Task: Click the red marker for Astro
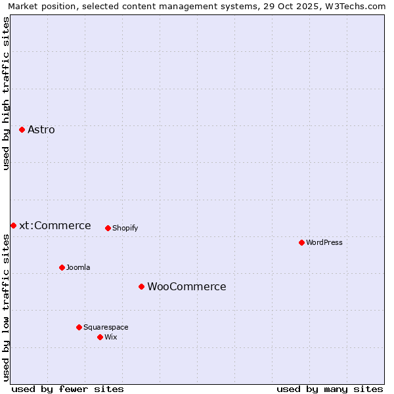(22, 129)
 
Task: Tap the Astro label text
(41, 129)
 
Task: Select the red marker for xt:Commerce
(13, 225)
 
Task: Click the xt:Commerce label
(55, 225)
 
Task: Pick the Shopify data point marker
(108, 228)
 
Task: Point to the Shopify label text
(125, 228)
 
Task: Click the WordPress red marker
(301, 242)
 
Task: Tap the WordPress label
(324, 242)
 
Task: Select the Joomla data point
(62, 267)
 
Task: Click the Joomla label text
(78, 267)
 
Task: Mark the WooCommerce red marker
(141, 286)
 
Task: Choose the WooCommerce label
(186, 286)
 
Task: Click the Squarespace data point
(79, 327)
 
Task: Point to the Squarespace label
(106, 327)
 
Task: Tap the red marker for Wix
(100, 337)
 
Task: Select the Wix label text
(111, 337)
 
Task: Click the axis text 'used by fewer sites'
(68, 389)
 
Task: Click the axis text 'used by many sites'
(330, 389)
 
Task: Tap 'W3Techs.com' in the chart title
(357, 6)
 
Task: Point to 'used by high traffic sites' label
(6, 93)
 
